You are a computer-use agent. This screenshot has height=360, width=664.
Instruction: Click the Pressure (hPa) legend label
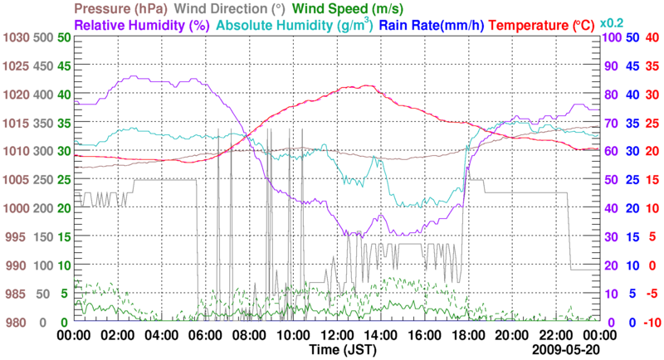coord(124,9)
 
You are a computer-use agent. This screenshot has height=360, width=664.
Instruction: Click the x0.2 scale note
coord(613,22)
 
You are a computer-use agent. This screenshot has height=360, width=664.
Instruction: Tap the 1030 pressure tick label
coord(15,37)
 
